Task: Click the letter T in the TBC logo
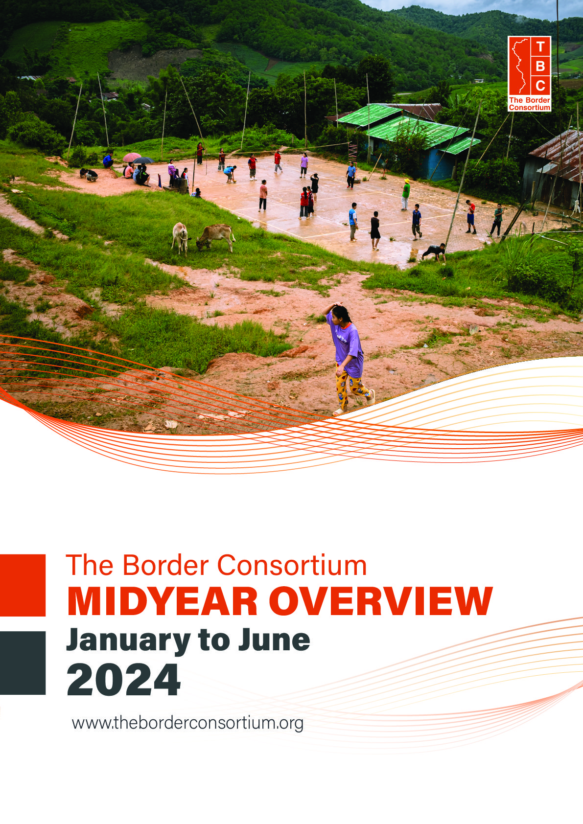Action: (540, 46)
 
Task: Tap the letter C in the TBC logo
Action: (540, 86)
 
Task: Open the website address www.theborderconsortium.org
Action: (187, 723)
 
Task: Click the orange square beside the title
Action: (23, 585)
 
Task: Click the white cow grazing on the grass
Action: (180, 238)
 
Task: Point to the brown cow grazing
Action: (216, 237)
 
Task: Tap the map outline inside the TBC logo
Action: (520, 65)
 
